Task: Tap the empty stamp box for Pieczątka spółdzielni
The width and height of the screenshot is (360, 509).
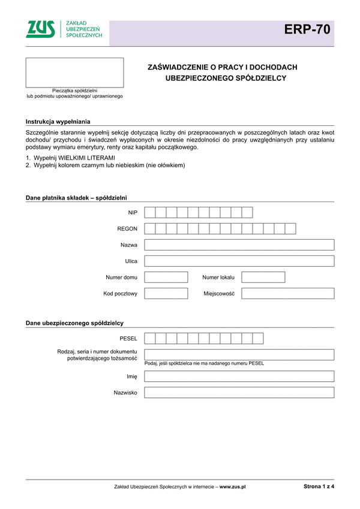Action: (x=74, y=73)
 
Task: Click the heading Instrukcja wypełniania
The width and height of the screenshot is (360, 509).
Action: (x=58, y=122)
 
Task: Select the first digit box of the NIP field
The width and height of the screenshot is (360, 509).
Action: (x=150, y=212)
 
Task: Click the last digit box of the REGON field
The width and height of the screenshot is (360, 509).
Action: (x=290, y=228)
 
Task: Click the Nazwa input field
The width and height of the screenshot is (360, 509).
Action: (x=239, y=245)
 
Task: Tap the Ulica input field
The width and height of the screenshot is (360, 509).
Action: (x=239, y=261)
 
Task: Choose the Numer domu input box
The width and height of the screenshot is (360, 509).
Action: (x=166, y=277)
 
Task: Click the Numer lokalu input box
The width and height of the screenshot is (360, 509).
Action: (x=263, y=277)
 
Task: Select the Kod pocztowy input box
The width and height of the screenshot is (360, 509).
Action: (x=166, y=294)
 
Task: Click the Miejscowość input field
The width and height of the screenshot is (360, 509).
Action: (x=287, y=294)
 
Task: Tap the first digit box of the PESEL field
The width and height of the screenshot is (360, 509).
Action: (x=150, y=338)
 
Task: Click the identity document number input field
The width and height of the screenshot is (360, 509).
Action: (x=239, y=354)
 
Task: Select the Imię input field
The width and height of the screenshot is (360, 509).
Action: (x=239, y=377)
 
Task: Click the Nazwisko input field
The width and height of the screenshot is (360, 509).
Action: (x=239, y=393)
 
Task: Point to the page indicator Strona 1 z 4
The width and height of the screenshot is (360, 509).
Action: (x=319, y=487)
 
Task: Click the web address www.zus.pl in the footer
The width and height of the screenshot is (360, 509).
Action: (x=233, y=487)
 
